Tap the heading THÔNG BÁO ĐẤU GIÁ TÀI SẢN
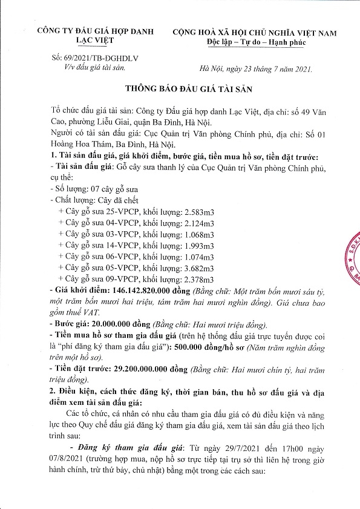tap(180, 88)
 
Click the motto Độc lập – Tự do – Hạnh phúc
tap(256, 42)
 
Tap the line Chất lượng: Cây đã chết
tap(95, 200)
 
